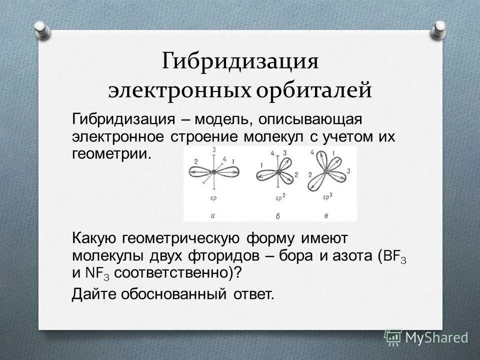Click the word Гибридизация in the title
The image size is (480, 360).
click(240, 62)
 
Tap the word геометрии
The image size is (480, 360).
click(111, 152)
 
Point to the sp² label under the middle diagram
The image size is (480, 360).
click(280, 198)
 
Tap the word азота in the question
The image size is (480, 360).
click(352, 257)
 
